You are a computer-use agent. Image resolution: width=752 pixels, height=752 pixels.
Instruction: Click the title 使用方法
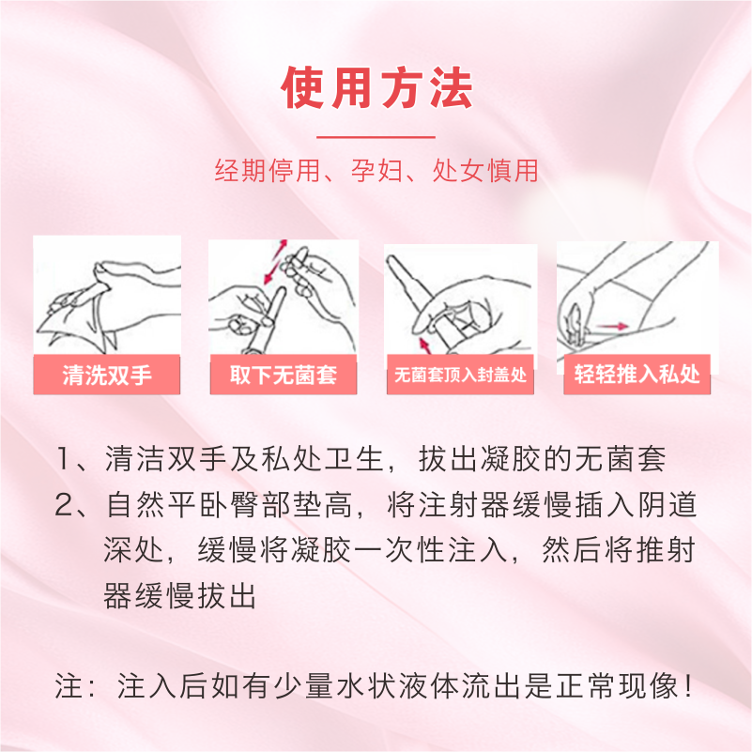[x=377, y=87]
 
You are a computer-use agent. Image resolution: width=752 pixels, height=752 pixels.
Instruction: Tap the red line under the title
[x=376, y=137]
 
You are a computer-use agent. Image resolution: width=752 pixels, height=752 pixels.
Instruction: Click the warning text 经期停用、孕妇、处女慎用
[x=376, y=170]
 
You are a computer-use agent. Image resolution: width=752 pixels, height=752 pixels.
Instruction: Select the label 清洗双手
[x=107, y=375]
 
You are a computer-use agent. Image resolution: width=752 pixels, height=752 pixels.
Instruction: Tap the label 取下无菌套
[x=283, y=375]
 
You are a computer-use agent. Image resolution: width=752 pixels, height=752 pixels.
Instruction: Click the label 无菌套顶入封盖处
[x=460, y=375]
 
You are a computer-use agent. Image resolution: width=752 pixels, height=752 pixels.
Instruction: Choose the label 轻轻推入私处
[x=637, y=374]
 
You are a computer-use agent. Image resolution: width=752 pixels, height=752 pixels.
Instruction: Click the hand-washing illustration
[x=107, y=296]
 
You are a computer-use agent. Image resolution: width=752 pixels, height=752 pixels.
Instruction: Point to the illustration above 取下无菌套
[x=284, y=297]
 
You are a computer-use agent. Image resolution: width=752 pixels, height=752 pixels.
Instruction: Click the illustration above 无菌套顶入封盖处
[x=460, y=299]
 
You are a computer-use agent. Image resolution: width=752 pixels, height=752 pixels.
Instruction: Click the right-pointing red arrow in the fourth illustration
[x=613, y=326]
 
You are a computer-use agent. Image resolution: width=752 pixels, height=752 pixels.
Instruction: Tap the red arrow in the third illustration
[x=424, y=345]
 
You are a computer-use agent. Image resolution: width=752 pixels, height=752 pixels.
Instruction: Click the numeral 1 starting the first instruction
[x=63, y=458]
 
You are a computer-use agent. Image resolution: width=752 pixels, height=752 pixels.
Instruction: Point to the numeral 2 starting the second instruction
[x=63, y=504]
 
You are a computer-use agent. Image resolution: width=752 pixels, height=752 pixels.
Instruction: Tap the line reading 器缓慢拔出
[x=180, y=595]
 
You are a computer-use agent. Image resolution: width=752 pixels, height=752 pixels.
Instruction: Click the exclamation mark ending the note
[x=689, y=686]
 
